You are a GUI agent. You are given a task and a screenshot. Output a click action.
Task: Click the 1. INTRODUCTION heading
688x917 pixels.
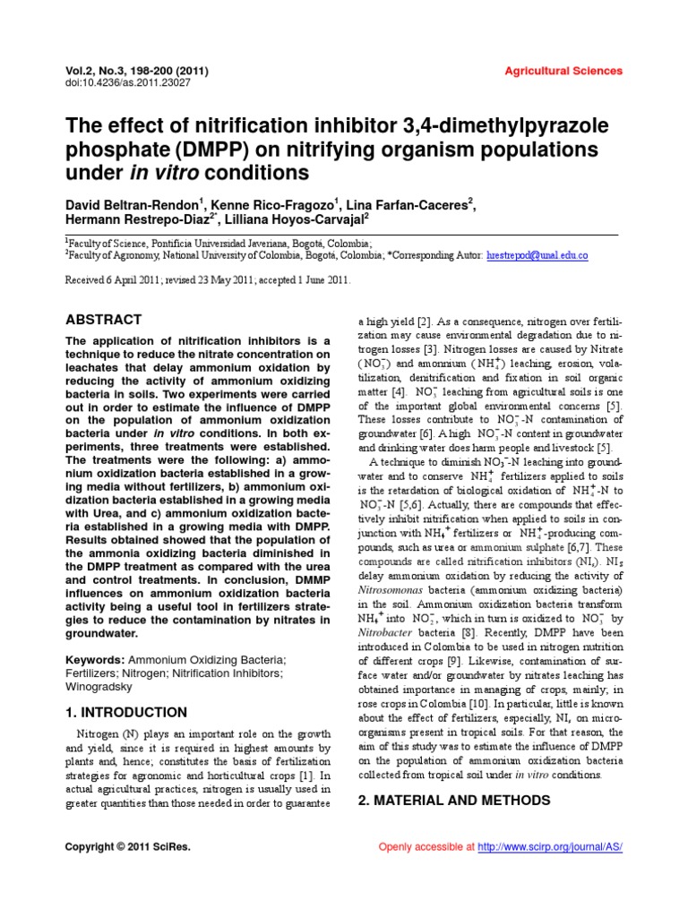pos(126,712)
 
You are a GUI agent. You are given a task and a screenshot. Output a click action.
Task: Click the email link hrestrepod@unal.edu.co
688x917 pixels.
pos(537,255)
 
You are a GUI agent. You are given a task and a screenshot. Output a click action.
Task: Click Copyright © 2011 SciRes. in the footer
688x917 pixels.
pos(127,847)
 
